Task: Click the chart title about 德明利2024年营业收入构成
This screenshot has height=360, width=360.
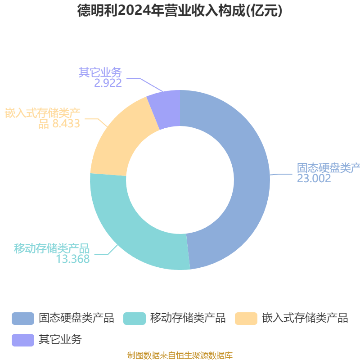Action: [180, 10]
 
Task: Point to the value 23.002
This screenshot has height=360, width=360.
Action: [314, 178]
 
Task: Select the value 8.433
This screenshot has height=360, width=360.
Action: [66, 124]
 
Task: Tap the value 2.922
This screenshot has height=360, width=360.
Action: [108, 83]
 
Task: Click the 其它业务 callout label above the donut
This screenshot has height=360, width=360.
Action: [100, 72]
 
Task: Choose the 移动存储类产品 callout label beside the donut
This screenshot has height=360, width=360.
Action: [52, 248]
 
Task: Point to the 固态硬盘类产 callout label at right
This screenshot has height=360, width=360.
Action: [328, 168]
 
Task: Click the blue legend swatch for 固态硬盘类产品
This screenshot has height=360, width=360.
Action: [23, 318]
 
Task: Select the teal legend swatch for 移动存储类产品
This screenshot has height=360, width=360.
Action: [135, 318]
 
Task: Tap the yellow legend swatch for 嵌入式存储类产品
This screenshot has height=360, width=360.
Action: [246, 318]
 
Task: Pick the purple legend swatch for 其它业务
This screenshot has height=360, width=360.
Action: [23, 340]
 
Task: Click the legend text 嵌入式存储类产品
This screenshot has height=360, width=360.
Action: [305, 318]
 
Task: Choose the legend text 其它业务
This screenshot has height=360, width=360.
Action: [60, 340]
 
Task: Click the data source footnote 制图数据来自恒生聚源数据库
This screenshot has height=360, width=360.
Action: [180, 355]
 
